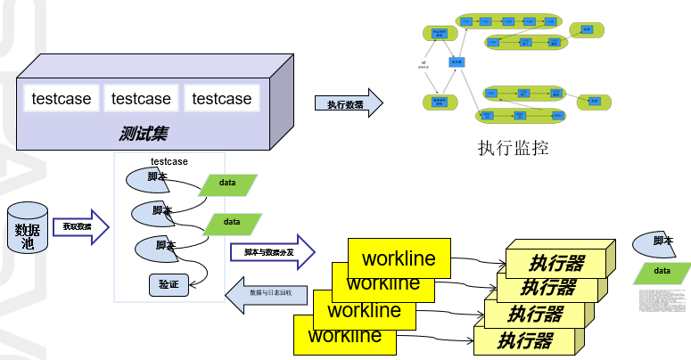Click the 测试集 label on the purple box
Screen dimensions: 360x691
144,134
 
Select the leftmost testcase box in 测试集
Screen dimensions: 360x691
62,99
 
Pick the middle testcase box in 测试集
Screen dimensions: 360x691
142,99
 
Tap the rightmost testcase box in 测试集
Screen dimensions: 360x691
222,99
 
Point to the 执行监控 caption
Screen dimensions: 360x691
513,148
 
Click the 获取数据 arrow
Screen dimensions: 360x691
79,227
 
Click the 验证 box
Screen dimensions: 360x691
169,285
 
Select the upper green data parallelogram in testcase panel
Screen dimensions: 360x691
227,183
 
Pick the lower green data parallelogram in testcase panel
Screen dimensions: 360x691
232,222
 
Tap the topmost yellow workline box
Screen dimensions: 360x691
399,258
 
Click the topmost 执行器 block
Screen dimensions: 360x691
557,262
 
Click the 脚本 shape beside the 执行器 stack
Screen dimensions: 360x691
661,242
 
